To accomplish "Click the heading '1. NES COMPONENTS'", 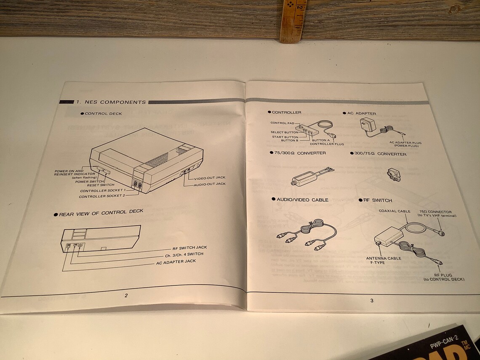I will pyautogui.click(x=111, y=102).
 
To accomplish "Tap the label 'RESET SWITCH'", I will pyautogui.click(x=101, y=185).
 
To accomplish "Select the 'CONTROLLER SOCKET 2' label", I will pyautogui.click(x=102, y=196).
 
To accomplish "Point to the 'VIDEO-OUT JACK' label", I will pyautogui.click(x=210, y=179).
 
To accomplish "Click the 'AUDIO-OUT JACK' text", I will pyautogui.click(x=209, y=184).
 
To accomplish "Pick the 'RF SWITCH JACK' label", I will pyautogui.click(x=189, y=248).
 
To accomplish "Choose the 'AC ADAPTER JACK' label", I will pyautogui.click(x=176, y=261).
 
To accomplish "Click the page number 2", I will pyautogui.click(x=126, y=295).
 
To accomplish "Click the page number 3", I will pyautogui.click(x=371, y=300).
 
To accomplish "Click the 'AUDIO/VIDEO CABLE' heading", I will pyautogui.click(x=302, y=200).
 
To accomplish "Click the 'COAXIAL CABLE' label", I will pyautogui.click(x=394, y=211).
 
